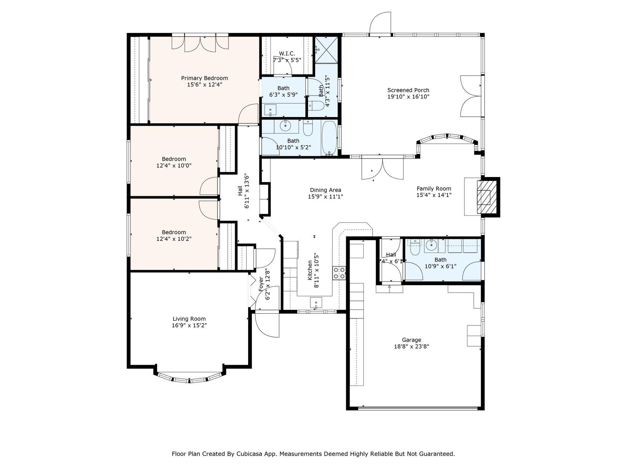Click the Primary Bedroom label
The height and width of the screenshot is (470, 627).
pyautogui.click(x=204, y=78)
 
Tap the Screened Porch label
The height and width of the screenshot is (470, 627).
pyautogui.click(x=408, y=90)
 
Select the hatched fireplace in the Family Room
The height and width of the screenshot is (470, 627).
pyautogui.click(x=487, y=197)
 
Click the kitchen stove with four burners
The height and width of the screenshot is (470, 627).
pyautogui.click(x=339, y=273)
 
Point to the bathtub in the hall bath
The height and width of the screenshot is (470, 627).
pyautogui.click(x=330, y=138)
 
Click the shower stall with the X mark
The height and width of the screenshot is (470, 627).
pyautogui.click(x=326, y=50)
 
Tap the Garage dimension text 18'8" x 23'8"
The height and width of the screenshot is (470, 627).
pyautogui.click(x=411, y=347)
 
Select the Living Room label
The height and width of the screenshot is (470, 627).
pyautogui.click(x=189, y=319)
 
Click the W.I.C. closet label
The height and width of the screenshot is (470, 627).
pyautogui.click(x=287, y=53)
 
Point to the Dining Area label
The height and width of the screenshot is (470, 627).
pyautogui.click(x=325, y=190)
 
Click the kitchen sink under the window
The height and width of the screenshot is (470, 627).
pyautogui.click(x=316, y=302)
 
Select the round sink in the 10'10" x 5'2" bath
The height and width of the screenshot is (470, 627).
pyautogui.click(x=285, y=125)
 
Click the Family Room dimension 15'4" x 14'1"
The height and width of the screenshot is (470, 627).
pyautogui.click(x=434, y=195)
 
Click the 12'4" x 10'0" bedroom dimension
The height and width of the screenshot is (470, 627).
pyautogui.click(x=174, y=166)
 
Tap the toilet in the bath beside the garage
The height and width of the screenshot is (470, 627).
pyautogui.click(x=414, y=249)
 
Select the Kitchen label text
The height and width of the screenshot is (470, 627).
pyautogui.click(x=310, y=270)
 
